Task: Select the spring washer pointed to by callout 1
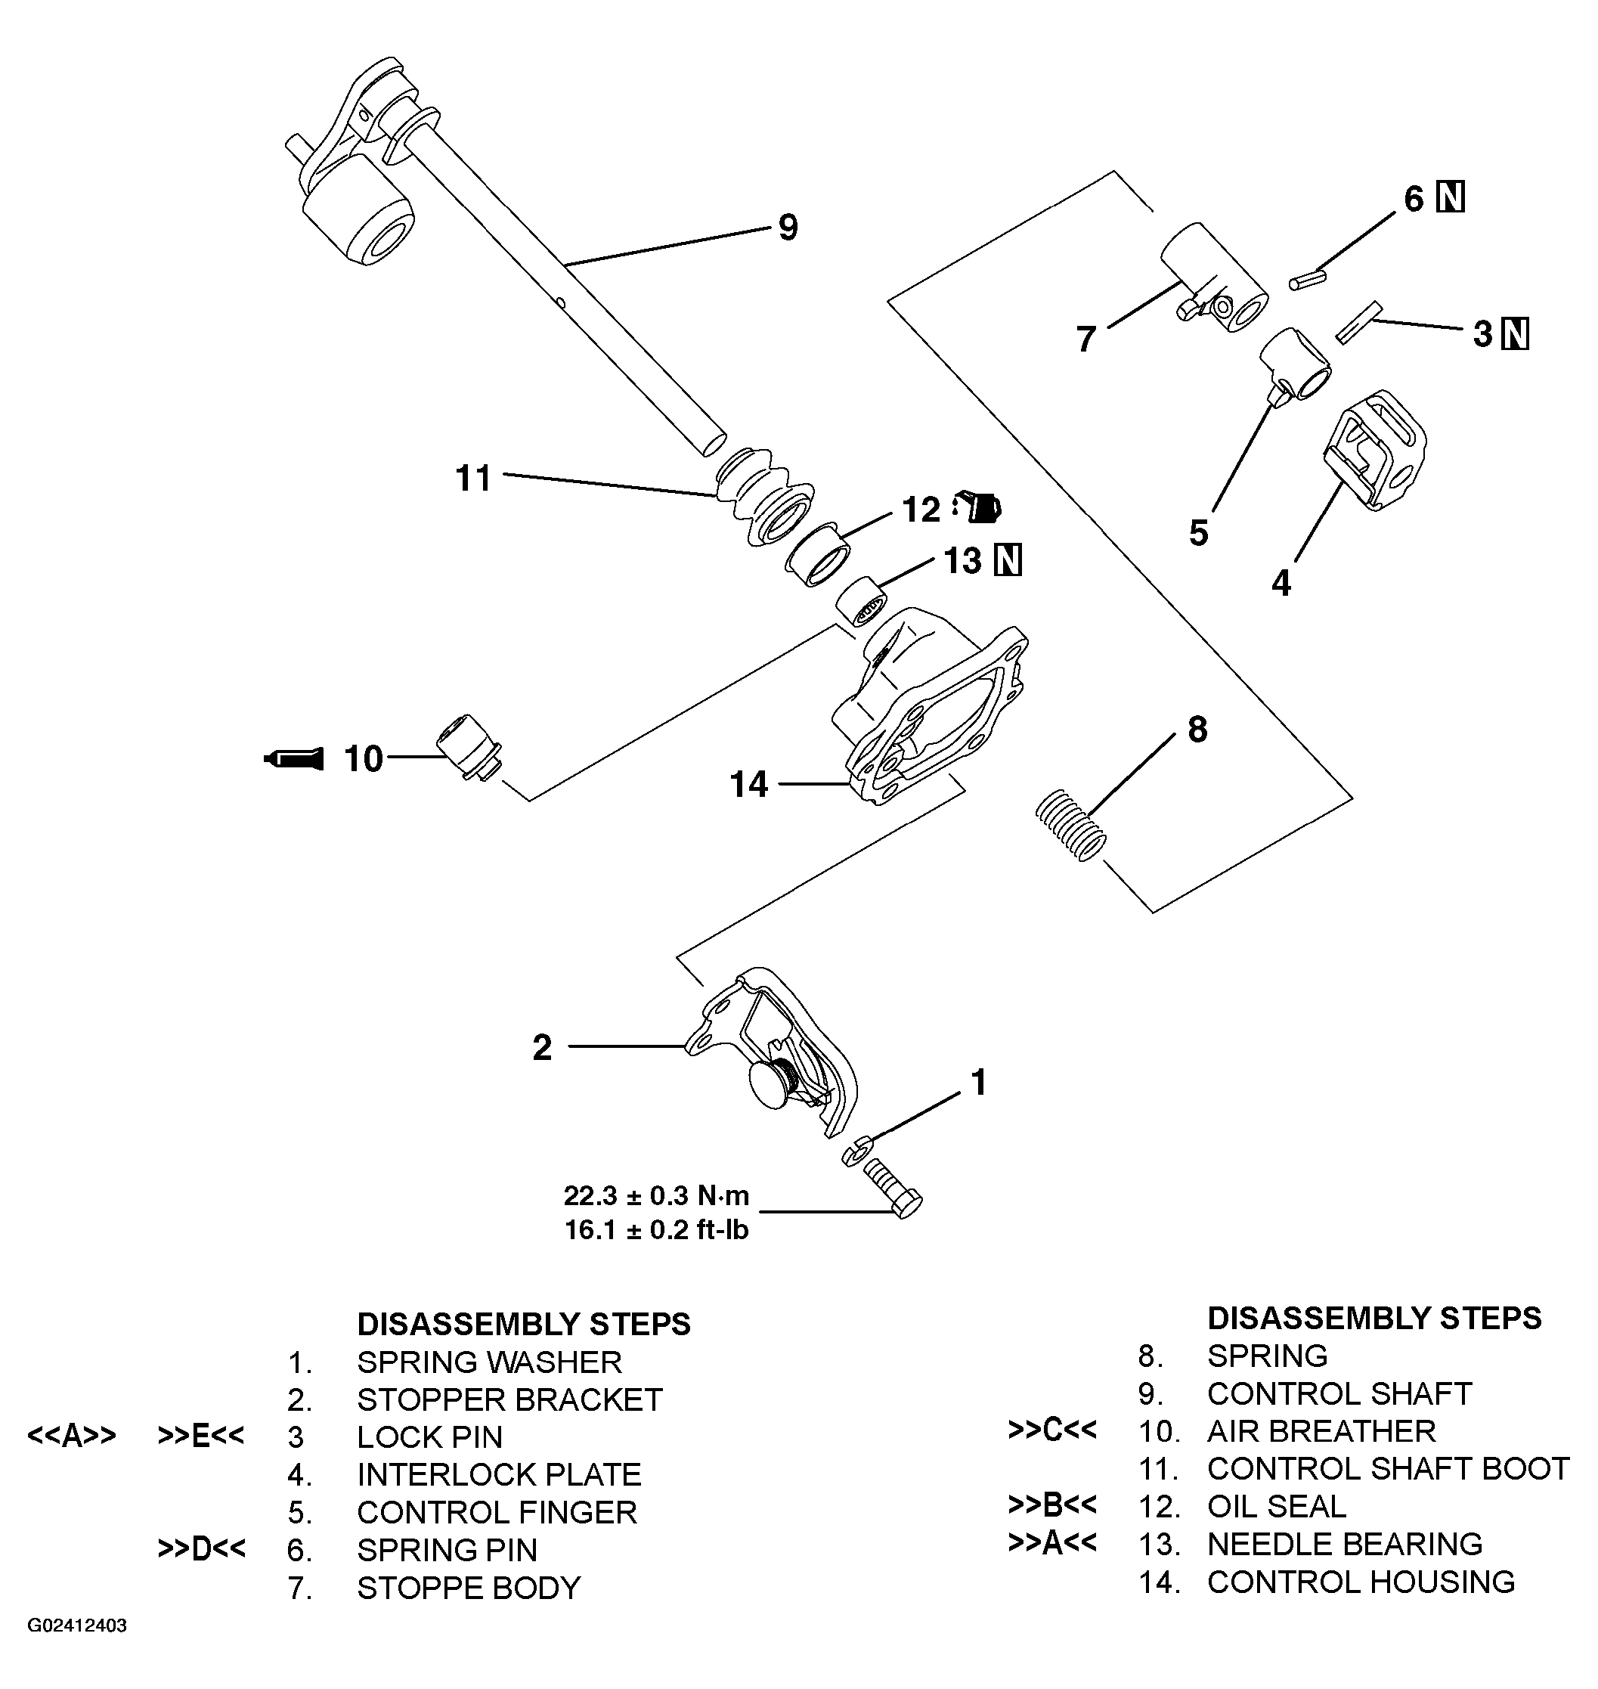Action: tap(854, 1152)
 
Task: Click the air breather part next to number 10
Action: tap(469, 748)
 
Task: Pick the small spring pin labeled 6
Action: tap(1308, 280)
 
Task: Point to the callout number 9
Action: tap(788, 228)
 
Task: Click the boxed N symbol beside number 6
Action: tap(1451, 197)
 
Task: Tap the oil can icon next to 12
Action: tap(979, 507)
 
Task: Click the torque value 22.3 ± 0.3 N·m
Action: tap(656, 1195)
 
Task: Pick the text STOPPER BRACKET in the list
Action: tap(509, 1399)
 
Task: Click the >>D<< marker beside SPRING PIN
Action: tap(201, 1549)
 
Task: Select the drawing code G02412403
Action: tap(78, 1649)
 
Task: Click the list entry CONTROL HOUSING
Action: tap(1361, 1582)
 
